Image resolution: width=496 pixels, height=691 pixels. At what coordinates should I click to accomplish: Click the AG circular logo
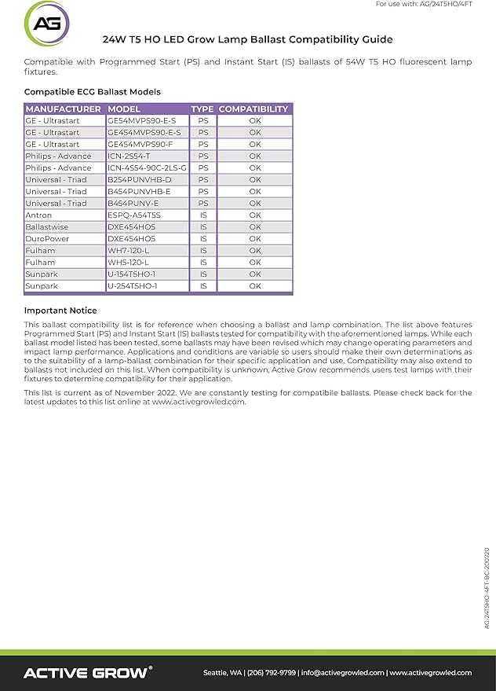point(47,24)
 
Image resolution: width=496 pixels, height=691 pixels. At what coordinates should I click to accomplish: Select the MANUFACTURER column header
point(64,109)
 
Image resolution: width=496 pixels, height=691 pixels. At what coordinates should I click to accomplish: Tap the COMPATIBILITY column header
point(253,109)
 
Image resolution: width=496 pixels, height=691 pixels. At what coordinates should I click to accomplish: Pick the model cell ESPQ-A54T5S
point(134,215)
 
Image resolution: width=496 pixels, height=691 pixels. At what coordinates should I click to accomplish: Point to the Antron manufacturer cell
point(39,215)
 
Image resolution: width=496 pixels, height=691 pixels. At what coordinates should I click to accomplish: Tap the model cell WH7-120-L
point(128,251)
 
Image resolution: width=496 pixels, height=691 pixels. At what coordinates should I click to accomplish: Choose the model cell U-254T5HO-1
point(133,286)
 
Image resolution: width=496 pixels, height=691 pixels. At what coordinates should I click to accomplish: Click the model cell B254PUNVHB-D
point(139,180)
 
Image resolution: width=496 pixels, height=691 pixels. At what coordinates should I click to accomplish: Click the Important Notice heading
point(60,311)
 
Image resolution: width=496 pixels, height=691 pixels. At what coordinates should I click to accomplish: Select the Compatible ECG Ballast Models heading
point(93,92)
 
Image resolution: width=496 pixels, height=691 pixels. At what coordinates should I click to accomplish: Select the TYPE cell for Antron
point(203,215)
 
